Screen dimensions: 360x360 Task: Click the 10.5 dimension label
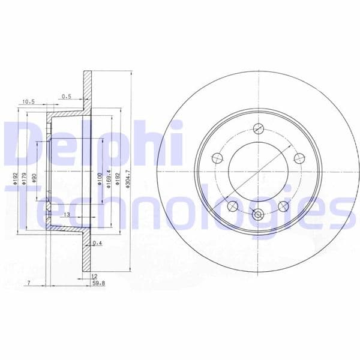(28, 102)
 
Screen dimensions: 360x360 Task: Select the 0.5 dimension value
(66, 95)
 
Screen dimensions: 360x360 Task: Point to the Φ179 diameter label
(25, 179)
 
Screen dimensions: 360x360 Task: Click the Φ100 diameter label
(100, 178)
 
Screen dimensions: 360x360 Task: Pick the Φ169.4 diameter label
(109, 179)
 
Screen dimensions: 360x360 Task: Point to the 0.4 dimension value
(98, 243)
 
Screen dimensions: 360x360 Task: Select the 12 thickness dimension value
(94, 275)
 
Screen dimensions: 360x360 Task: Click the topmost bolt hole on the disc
(259, 128)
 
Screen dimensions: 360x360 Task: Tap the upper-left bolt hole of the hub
(218, 158)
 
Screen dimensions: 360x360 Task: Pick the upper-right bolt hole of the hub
(298, 158)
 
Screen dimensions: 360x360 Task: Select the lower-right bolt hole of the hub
(284, 206)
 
